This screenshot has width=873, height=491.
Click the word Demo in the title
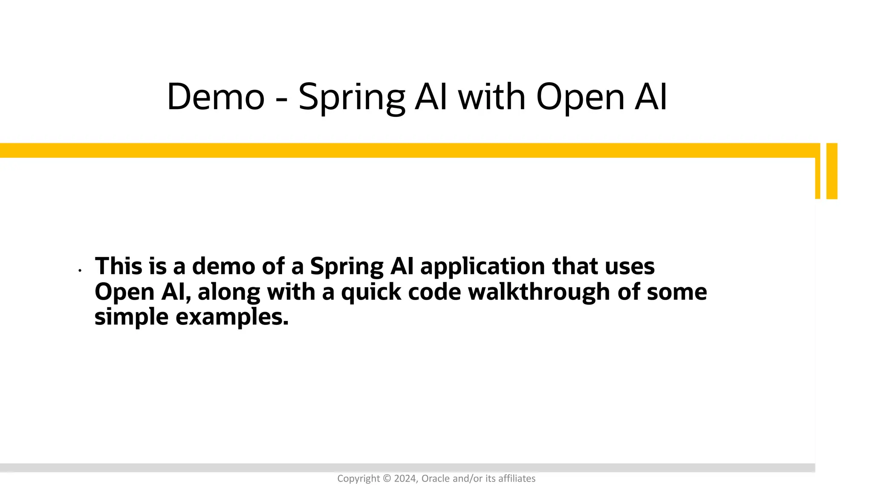(x=216, y=97)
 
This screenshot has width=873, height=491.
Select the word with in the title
(x=491, y=97)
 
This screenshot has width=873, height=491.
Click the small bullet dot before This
(x=80, y=270)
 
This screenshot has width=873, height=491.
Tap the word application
(x=483, y=268)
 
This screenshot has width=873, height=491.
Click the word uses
(x=630, y=266)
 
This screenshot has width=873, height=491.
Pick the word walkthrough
(x=539, y=292)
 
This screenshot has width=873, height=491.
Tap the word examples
(x=232, y=318)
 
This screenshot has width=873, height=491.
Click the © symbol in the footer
(x=387, y=479)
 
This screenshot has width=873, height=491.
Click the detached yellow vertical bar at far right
(x=832, y=171)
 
